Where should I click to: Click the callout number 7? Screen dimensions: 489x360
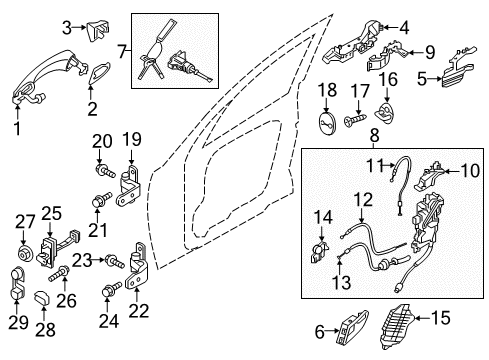122,52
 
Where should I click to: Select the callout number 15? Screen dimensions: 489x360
440,318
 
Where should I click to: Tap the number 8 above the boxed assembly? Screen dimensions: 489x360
375,136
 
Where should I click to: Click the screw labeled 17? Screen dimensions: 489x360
356,119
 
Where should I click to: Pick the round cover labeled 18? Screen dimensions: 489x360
326,123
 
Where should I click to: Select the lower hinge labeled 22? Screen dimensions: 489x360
137,266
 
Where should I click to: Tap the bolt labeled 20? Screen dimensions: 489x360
105,170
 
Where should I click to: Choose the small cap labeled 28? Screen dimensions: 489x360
42,297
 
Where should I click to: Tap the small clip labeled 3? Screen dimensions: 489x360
99,31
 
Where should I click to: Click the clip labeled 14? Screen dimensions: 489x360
320,253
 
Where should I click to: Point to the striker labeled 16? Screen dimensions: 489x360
385,113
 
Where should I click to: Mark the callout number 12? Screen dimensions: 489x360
362,200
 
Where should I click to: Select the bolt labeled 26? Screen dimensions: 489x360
59,272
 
